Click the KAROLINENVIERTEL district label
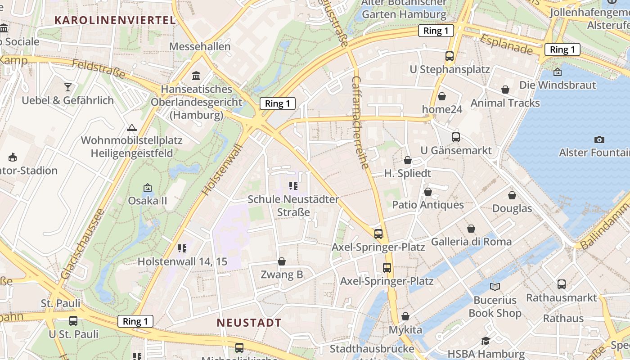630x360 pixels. pos(114,20)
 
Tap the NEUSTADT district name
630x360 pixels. pos(249,323)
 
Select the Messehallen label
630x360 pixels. pos(200,46)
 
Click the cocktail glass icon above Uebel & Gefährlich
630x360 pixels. pos(68,87)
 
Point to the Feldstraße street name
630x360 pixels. pos(99,70)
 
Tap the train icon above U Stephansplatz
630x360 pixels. pos(449,56)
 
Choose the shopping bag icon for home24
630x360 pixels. pos(442,96)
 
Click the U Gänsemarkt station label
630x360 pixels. pos(456,150)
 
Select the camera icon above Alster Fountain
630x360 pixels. pos(599,139)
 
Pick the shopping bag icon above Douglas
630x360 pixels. pos(512,195)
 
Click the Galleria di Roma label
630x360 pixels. pos(471,242)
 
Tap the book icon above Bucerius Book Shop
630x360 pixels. pos(495,287)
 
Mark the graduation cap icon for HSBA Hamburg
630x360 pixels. pos(485,341)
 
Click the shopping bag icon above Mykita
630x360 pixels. pos(405,316)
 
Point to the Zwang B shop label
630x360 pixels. pos(282,274)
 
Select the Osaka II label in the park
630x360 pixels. pos(147,200)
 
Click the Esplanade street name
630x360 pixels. pos(506,45)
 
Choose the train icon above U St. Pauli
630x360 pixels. pos(73,321)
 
